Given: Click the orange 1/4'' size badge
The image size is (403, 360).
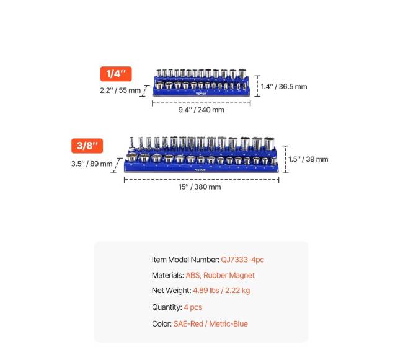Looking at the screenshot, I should pyautogui.click(x=116, y=74).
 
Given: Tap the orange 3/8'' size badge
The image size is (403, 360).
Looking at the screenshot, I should pyautogui.click(x=87, y=146).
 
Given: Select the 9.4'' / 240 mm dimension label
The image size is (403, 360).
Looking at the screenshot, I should pyautogui.click(x=201, y=110).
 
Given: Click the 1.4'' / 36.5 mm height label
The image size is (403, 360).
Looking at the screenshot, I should pyautogui.click(x=283, y=87).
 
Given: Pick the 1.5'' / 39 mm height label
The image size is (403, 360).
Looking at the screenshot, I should pyautogui.click(x=308, y=159).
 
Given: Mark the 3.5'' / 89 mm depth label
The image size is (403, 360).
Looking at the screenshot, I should pyautogui.click(x=92, y=164).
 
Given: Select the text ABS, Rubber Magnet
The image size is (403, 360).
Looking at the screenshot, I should pyautogui.click(x=220, y=275).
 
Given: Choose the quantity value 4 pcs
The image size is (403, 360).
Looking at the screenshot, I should pyautogui.click(x=193, y=307).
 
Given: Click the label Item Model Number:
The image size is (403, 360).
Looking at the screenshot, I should pyautogui.click(x=185, y=260).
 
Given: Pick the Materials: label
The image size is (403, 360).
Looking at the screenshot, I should pyautogui.click(x=167, y=275).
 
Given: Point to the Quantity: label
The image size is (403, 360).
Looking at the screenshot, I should pyautogui.click(x=167, y=307).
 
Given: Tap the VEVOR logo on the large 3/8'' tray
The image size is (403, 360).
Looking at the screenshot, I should pyautogui.click(x=200, y=169).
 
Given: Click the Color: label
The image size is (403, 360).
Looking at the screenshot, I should pyautogui.click(x=162, y=323).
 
